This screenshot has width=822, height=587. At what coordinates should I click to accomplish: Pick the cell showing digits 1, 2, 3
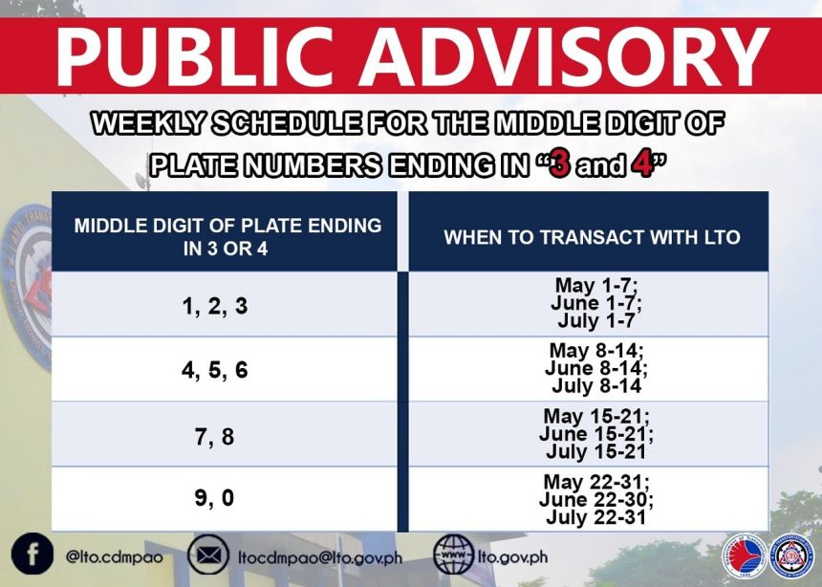click(215, 307)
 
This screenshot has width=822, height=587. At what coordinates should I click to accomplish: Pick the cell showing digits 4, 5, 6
click(215, 370)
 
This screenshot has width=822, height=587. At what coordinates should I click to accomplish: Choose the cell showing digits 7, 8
click(215, 436)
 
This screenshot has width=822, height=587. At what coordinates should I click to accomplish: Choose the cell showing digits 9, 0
click(215, 499)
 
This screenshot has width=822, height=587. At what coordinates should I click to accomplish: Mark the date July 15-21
click(594, 451)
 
